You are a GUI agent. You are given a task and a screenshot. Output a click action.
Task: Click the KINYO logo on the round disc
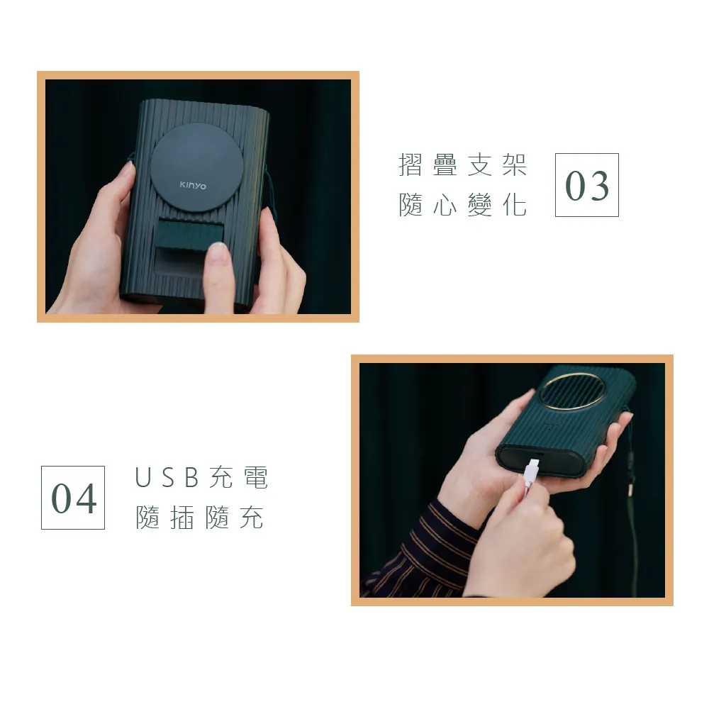coord(193,185)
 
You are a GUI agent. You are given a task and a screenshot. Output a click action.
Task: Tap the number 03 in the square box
coord(587,186)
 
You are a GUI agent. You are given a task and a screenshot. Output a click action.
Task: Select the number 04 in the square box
coord(74,498)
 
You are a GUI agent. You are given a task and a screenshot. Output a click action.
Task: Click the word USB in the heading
coord(167,477)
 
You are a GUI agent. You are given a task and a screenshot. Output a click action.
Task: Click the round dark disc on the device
coord(196,167)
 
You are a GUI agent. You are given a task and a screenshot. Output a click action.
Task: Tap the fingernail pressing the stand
coord(219,252)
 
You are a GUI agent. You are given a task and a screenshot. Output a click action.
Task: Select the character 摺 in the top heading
coord(410,164)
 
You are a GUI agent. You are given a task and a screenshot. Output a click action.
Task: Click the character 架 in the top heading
coord(515,164)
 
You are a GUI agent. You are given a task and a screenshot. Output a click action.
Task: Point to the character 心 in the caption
coord(445,205)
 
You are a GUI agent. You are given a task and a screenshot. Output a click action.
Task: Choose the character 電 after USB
coord(256,477)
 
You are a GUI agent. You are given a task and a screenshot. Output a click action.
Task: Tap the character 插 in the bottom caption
coord(182,518)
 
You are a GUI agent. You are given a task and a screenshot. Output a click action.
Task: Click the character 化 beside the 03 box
coord(515,205)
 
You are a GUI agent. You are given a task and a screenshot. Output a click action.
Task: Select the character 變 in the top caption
coord(480,205)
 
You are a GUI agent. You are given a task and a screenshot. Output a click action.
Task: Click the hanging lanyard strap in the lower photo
coord(632,506)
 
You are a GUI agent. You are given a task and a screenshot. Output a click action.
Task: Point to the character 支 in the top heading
coord(480,164)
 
